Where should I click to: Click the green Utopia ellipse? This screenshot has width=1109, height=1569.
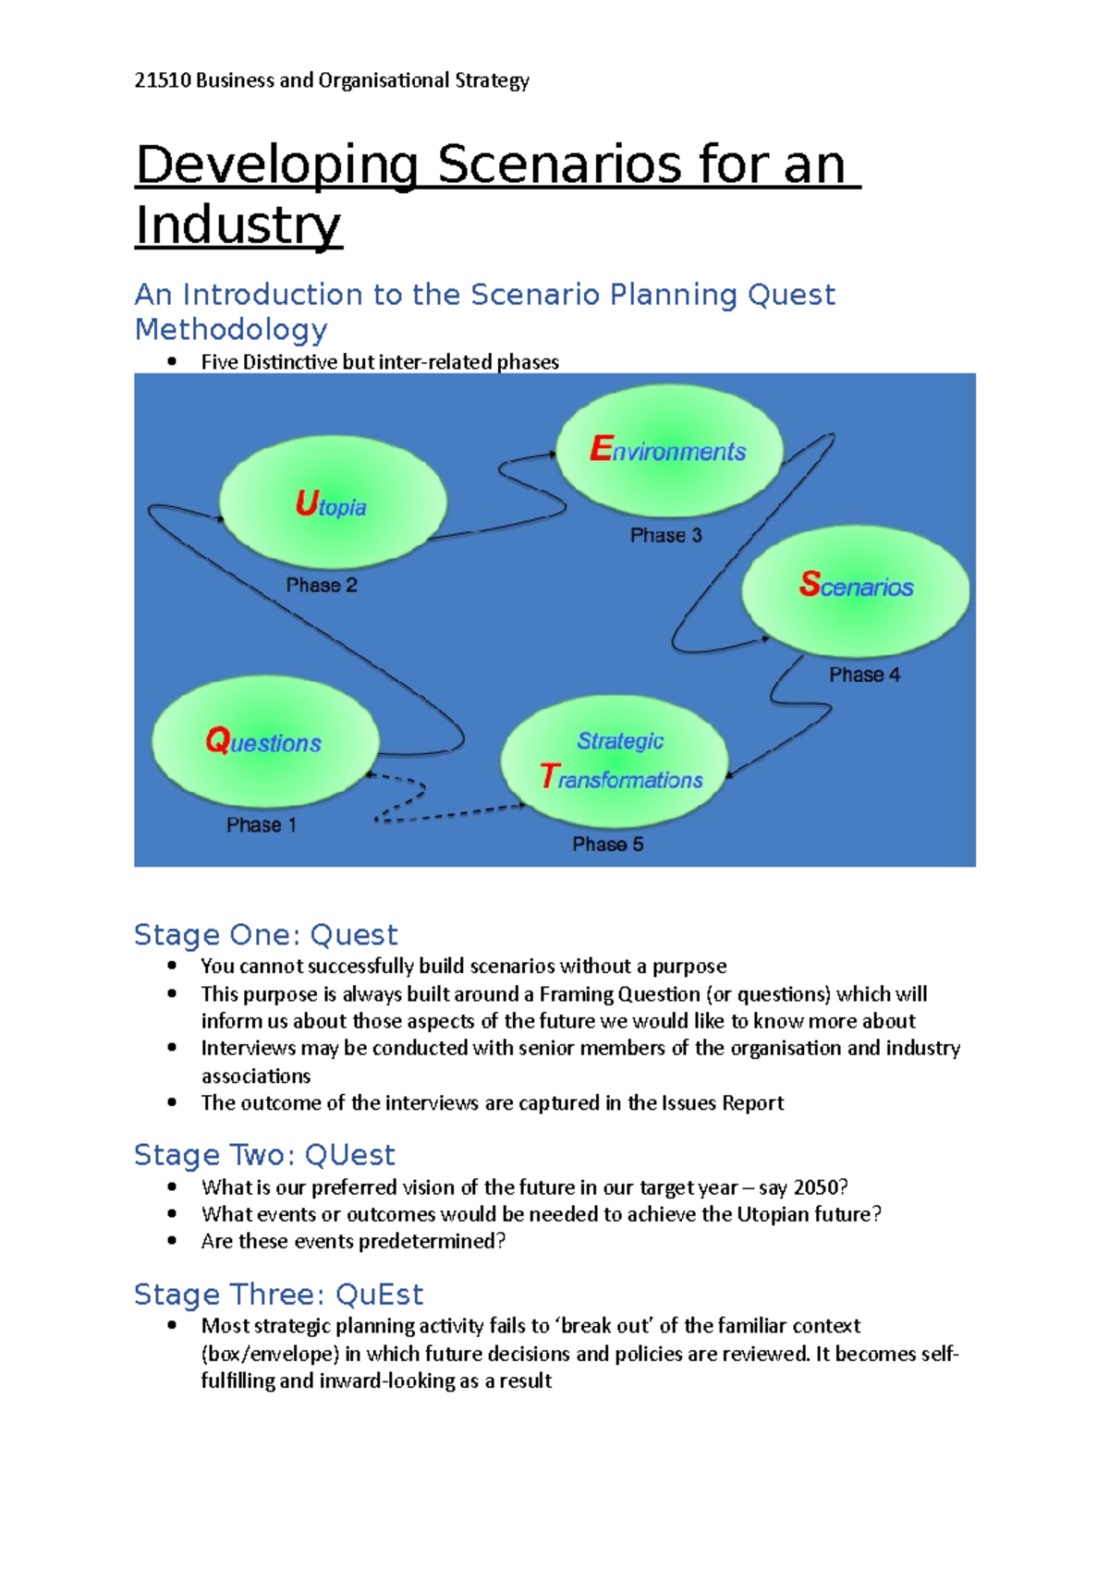333,504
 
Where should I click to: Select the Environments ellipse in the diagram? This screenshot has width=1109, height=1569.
669,450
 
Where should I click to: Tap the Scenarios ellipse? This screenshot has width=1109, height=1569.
855,589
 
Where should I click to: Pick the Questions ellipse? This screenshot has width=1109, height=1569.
265,742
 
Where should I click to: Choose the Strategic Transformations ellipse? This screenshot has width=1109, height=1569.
615,760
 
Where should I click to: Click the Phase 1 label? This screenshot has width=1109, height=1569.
262,825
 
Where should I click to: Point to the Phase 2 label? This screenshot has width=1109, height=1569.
321,585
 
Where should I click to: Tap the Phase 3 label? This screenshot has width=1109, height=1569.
665,535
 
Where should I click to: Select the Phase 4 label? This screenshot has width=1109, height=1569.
864,675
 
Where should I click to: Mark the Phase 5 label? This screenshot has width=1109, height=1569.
607,844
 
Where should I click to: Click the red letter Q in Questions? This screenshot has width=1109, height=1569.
218,740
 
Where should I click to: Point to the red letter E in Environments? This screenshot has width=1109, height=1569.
601,449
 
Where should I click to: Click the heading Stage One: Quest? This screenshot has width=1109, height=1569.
265,934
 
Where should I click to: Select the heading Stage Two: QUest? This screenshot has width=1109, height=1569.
264,1155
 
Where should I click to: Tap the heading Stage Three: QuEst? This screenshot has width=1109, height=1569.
278,1294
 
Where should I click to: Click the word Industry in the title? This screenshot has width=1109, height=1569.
238,225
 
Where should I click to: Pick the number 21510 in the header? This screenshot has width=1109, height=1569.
162,80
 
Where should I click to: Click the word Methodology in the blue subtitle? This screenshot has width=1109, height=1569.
231,329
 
